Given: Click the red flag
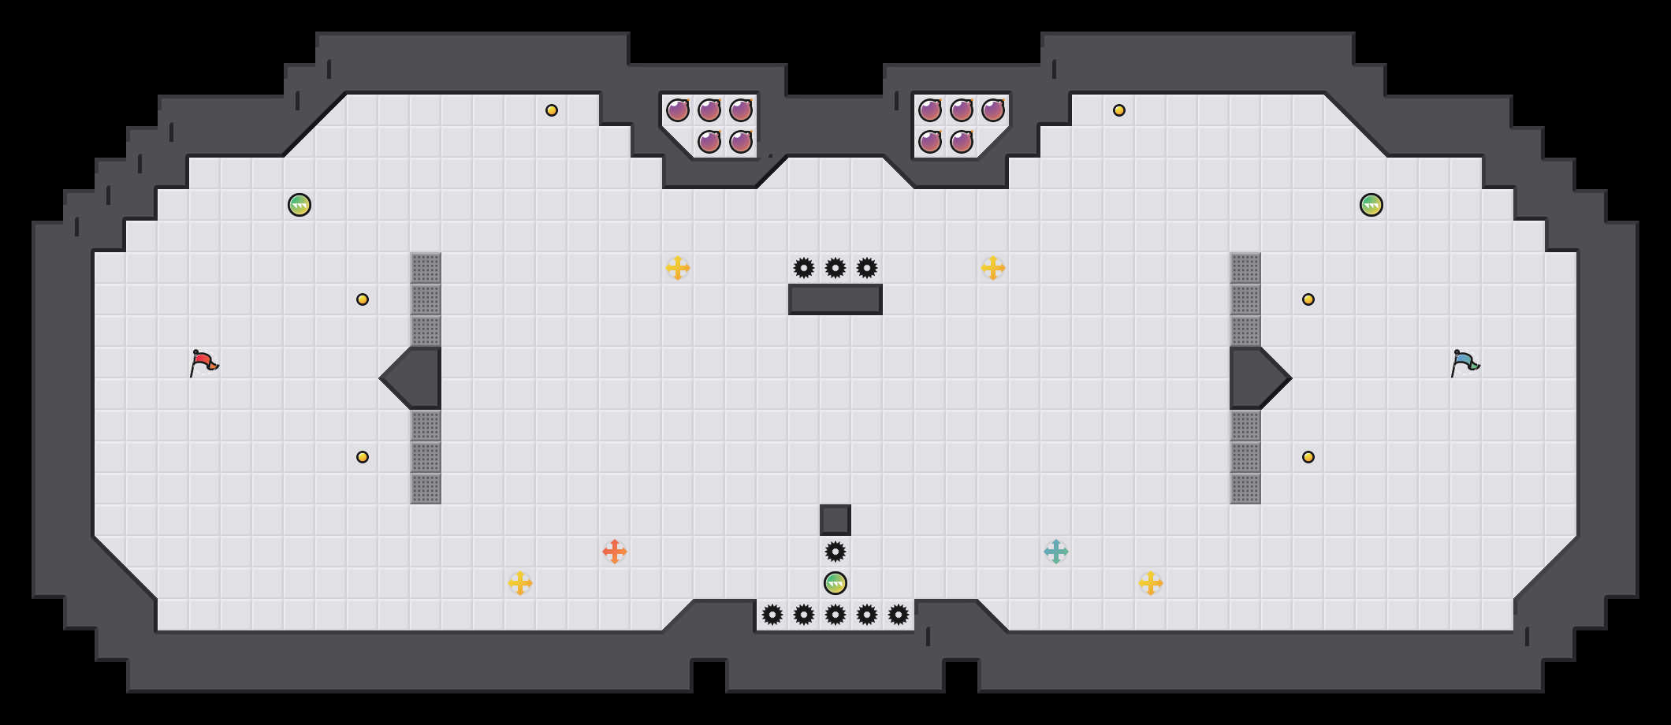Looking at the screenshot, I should pos(203,362).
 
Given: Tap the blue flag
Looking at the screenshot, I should pos(1464,362).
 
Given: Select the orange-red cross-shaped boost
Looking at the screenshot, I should pos(615,552).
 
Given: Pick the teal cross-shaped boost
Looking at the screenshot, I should pos(1056,552).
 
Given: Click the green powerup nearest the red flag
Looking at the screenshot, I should pos(300,205).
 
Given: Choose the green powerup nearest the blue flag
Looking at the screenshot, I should pos(1371,205).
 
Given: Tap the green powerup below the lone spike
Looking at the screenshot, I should pos(835,583).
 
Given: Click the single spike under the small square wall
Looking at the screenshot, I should pos(835,552).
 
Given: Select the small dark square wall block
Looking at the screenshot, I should pos(835,520).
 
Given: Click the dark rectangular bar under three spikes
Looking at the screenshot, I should pos(835,299).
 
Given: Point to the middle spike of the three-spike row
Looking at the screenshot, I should pos(835,268).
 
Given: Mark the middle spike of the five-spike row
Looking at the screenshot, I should pos(835,615).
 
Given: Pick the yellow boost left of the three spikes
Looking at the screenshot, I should pos(678,268).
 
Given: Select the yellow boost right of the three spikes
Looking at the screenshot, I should pos(993,268).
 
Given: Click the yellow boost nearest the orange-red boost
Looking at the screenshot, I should pos(520,583).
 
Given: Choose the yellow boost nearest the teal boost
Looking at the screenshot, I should pos(1151,583).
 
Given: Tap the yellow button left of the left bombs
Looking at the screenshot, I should pos(552,110).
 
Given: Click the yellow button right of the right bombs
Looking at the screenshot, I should pos(1119,110).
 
